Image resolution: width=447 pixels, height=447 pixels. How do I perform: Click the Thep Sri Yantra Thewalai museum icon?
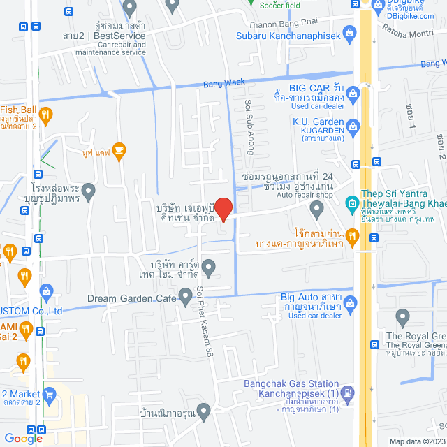(x=352, y=203)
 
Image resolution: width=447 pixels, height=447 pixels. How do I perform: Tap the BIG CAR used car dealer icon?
(x=354, y=91)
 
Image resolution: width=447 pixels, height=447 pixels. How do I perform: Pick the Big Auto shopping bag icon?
(x=351, y=302)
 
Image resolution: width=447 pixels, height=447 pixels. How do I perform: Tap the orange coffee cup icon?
(x=119, y=149)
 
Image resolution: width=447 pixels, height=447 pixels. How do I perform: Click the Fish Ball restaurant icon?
(x=45, y=114)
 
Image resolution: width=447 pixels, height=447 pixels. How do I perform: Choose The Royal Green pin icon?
(x=402, y=318)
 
